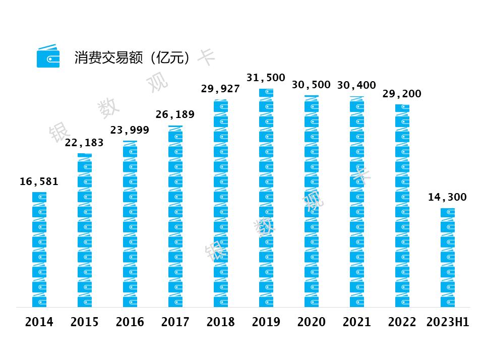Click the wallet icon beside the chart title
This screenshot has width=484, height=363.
(x=48, y=56)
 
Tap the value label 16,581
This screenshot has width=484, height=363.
(x=39, y=181)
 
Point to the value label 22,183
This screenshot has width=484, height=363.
(x=84, y=143)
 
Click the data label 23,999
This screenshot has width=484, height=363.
(x=130, y=130)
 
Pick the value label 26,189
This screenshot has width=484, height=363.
(x=175, y=114)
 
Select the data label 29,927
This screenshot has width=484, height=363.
(x=220, y=89)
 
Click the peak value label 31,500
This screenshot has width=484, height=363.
(x=266, y=78)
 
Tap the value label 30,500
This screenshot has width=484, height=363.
(x=311, y=85)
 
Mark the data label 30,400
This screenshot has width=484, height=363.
(x=356, y=85)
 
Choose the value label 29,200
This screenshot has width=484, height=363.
(x=402, y=94)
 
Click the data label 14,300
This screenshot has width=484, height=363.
(x=447, y=197)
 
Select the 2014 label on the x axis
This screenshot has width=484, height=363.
(x=39, y=322)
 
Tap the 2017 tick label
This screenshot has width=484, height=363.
(x=175, y=322)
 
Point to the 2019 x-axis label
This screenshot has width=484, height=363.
(x=266, y=322)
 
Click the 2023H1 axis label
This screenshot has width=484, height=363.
(x=447, y=322)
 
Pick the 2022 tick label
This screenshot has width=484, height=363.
(x=402, y=322)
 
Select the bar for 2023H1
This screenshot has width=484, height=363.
(x=447, y=257)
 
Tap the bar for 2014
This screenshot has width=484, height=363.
(x=39, y=250)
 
